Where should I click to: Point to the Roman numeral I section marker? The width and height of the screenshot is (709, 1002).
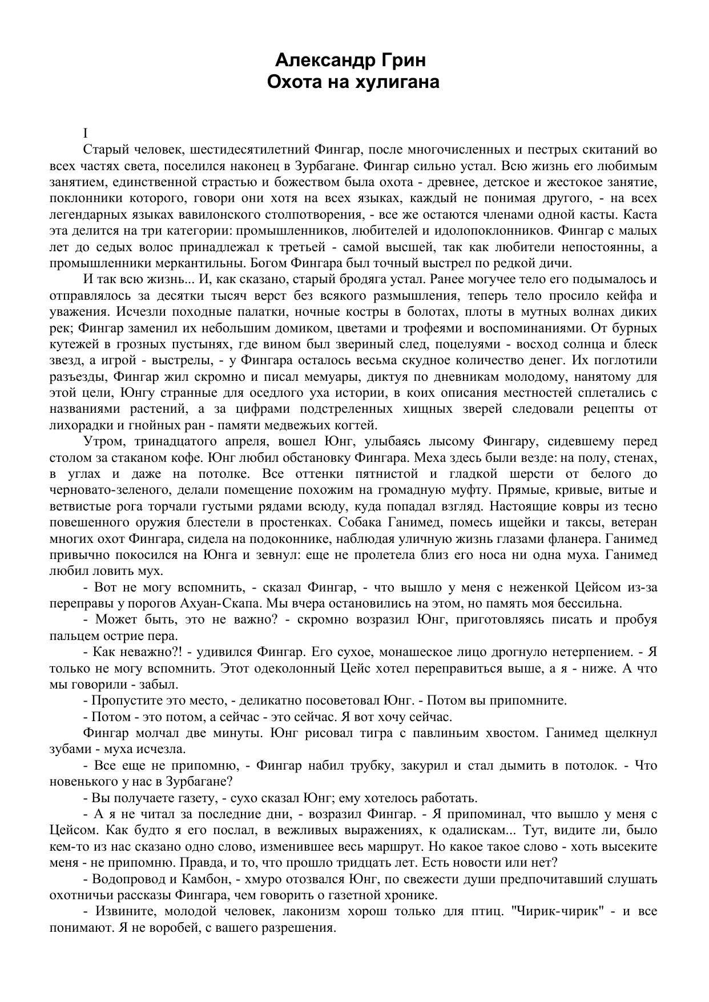pos(86,134)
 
